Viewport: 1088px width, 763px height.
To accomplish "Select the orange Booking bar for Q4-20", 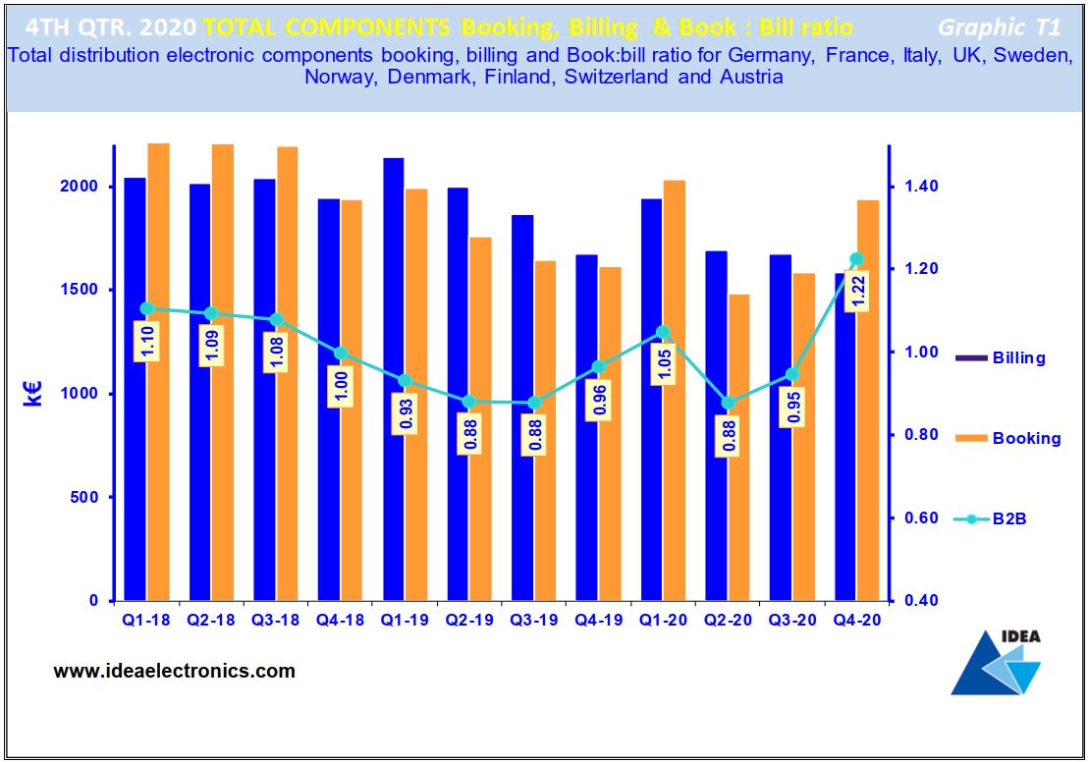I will (868, 412).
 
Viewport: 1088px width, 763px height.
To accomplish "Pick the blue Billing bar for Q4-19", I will (586, 442).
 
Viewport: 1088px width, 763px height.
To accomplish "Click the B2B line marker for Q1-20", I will (663, 332).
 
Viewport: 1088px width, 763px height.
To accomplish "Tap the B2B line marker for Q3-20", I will (792, 374).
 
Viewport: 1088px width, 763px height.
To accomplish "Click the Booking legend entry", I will (1007, 439).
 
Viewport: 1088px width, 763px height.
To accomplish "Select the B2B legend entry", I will (991, 518).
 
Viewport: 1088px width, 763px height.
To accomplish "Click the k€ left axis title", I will (33, 393).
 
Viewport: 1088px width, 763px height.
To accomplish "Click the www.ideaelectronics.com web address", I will (174, 672).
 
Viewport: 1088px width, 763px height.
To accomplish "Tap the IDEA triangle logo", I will (996, 663).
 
